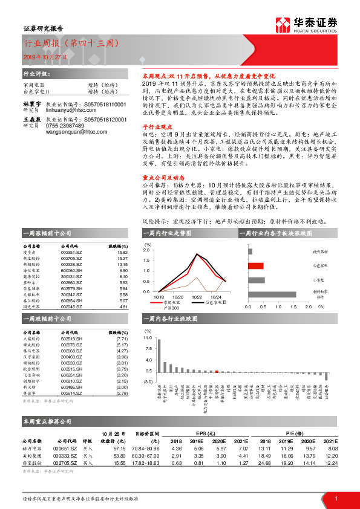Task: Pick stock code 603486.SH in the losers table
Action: (x=72, y=387)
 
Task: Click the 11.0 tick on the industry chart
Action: (x=148, y=339)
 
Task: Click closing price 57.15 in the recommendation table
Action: (x=119, y=449)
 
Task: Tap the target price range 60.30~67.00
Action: (x=148, y=455)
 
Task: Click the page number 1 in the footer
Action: (x=336, y=498)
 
